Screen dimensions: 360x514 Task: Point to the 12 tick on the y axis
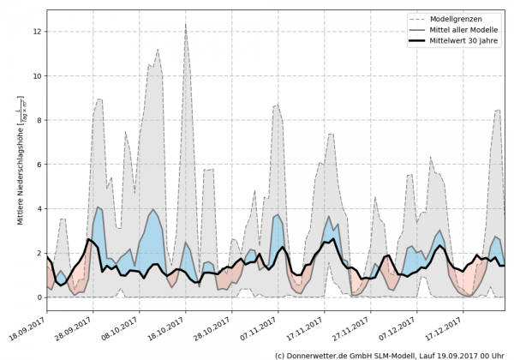click(x=36, y=32)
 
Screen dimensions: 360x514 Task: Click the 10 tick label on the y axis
click(x=36, y=76)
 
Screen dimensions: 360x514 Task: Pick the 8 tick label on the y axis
click(x=38, y=120)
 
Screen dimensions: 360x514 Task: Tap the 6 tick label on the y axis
click(x=38, y=165)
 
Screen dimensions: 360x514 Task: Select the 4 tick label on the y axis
click(x=38, y=208)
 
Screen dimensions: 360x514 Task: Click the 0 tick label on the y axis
click(x=38, y=297)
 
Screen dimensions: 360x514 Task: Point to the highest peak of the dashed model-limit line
click(x=186, y=26)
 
